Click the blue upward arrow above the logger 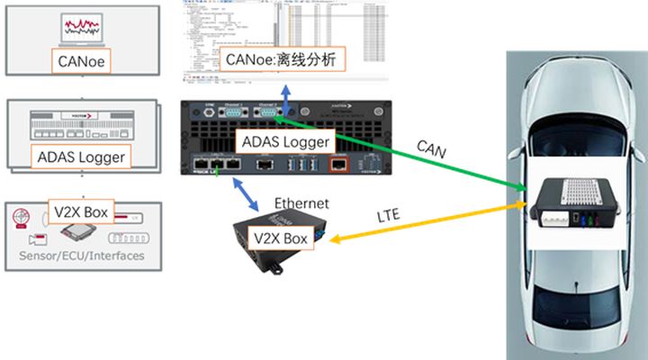[286, 94]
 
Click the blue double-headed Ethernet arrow [239, 194]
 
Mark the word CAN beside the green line [432, 145]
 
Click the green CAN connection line [405, 153]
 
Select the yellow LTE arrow [423, 223]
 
